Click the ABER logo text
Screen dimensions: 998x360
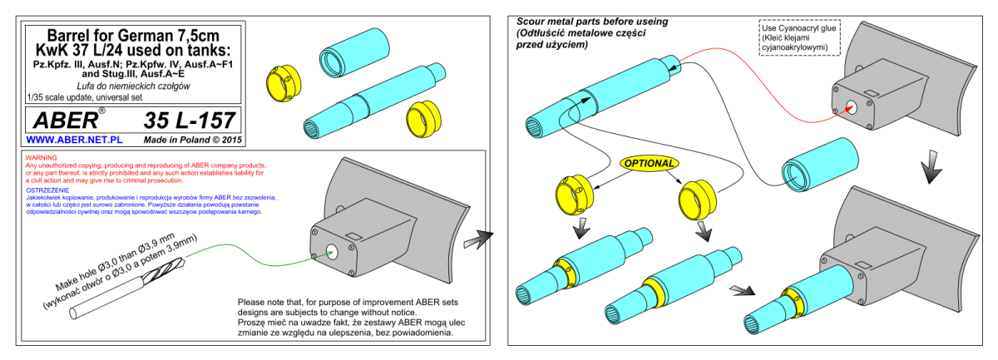pos(66,121)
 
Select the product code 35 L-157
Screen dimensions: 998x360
pos(190,121)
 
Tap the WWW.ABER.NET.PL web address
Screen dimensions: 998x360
pos(74,140)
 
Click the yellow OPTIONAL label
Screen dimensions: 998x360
pos(650,164)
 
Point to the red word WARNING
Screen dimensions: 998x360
pos(41,158)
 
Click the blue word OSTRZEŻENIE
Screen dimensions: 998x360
pos(47,190)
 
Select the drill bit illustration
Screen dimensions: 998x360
pos(127,288)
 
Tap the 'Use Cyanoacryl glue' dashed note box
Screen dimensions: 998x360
pos(799,37)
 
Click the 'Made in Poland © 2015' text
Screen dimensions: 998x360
pos(192,140)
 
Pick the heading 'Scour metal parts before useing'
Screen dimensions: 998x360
pos(592,22)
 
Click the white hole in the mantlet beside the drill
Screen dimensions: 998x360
pos(332,252)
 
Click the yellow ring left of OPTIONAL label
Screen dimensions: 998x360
pos(575,195)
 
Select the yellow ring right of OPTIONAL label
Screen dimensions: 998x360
pos(697,200)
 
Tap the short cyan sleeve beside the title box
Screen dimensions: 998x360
pos(353,52)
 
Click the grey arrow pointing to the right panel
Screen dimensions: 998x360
pos(478,239)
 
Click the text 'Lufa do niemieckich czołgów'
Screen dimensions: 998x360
pos(133,86)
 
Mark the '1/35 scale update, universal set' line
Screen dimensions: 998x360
pos(85,97)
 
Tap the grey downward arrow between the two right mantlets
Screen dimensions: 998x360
pos(931,166)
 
